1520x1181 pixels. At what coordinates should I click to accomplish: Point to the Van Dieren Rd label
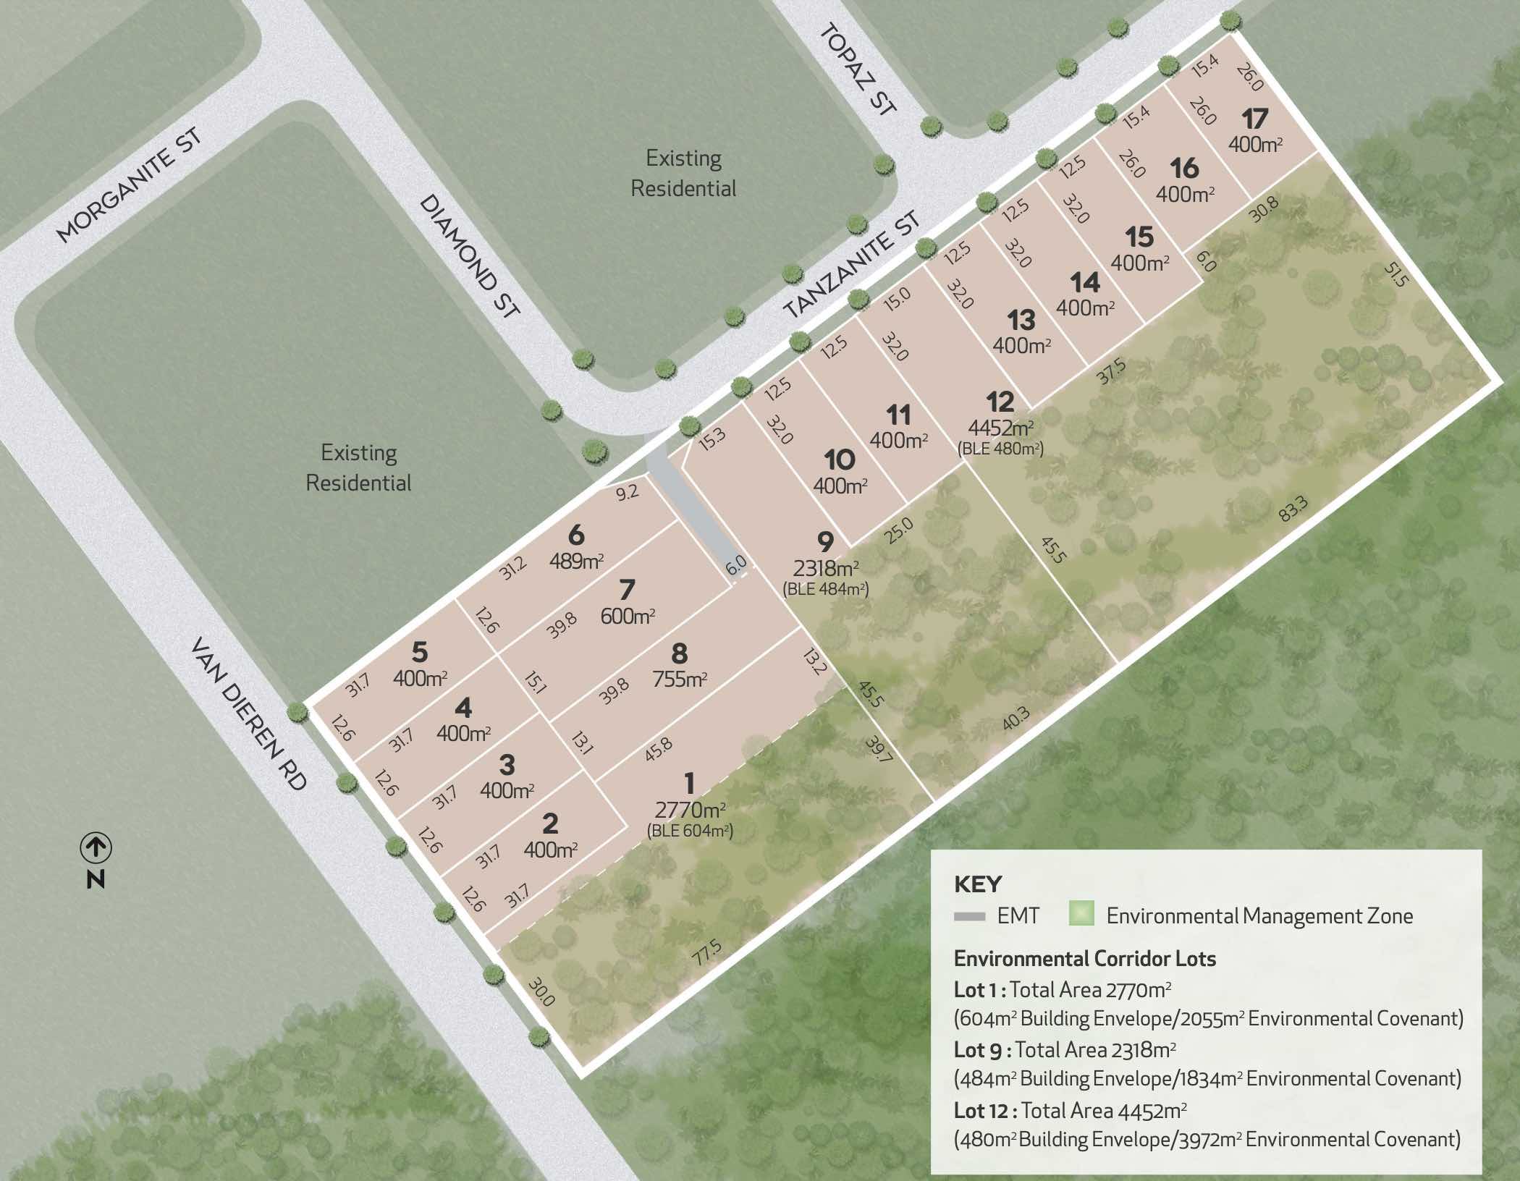tap(248, 713)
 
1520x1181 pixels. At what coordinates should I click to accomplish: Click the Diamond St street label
tap(470, 255)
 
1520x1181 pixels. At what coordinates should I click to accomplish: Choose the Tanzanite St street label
tap(852, 265)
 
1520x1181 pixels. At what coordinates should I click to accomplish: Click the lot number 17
tap(1255, 118)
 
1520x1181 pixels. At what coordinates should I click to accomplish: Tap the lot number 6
tap(576, 536)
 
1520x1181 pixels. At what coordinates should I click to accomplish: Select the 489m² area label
tap(577, 561)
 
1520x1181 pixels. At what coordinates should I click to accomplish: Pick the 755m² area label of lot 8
tap(680, 679)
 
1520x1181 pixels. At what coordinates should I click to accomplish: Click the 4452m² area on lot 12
tap(1000, 428)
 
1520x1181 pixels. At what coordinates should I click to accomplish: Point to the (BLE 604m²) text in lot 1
tap(690, 831)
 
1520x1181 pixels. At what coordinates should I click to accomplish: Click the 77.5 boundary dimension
tap(707, 952)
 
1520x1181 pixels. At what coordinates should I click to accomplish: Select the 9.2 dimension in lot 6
tap(628, 493)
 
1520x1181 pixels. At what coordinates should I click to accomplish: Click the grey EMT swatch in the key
tap(969, 916)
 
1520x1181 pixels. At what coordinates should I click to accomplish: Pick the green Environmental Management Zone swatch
tap(1081, 914)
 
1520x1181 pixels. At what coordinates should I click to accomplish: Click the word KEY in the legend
tap(978, 884)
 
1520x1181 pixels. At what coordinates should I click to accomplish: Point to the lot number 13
tap(1021, 320)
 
